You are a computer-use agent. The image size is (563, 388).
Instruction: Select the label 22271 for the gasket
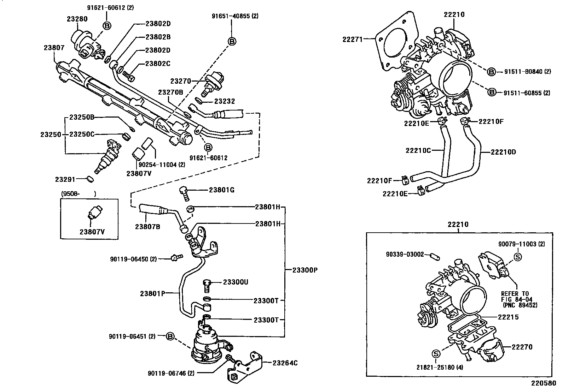[353, 40]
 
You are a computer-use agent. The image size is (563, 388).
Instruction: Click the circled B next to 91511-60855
[491, 92]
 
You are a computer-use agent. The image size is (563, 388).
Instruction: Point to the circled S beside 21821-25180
[435, 353]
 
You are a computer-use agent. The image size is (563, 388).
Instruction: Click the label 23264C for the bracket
[285, 363]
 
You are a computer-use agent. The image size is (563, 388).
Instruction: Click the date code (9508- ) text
[79, 193]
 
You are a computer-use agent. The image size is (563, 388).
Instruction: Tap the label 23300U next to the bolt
[236, 282]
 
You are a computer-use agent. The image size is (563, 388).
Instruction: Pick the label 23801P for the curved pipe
[153, 293]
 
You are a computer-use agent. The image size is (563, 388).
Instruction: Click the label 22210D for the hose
[503, 152]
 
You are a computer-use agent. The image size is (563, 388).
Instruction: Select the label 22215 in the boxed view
[508, 317]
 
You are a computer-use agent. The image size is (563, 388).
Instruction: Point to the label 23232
[225, 101]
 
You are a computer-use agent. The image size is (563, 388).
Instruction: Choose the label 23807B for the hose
[147, 227]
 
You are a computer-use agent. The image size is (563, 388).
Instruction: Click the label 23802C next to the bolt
[158, 64]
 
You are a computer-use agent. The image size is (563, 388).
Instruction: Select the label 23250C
[82, 135]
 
